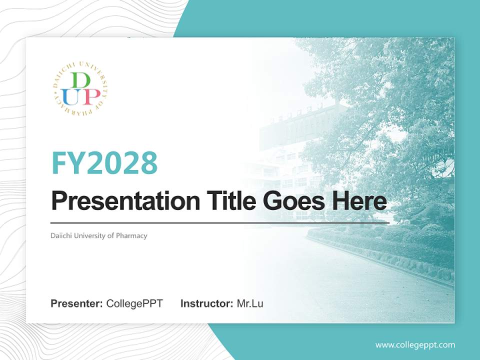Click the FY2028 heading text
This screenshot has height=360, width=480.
point(104,163)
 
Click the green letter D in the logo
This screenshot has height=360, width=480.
point(81,80)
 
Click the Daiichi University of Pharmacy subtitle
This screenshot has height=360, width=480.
point(99,235)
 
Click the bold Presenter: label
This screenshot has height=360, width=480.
point(77,303)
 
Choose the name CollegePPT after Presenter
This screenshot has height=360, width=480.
point(134,303)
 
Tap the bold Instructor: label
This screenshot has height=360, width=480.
point(206,303)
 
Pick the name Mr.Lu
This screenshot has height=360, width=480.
point(250,303)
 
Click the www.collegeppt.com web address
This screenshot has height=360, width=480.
point(415,344)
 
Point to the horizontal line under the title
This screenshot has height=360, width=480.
point(220,222)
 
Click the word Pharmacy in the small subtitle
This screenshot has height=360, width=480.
point(131,235)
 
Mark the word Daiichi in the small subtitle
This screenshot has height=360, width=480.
point(60,235)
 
